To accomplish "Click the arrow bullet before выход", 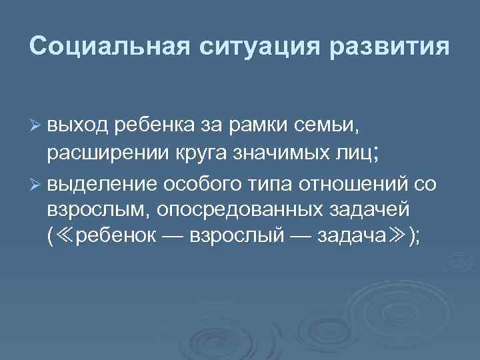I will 35,123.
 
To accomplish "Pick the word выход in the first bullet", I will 79,123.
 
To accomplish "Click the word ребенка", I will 154,123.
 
